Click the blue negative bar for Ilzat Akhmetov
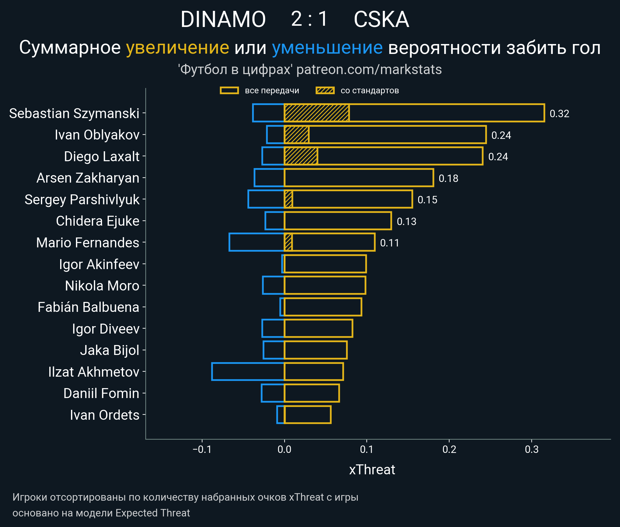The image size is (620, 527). click(x=248, y=371)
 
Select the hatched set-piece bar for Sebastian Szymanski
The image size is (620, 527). click(x=317, y=113)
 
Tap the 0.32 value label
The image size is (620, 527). click(x=559, y=113)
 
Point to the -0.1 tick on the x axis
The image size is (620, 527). click(x=202, y=449)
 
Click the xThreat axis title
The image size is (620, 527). click(x=372, y=470)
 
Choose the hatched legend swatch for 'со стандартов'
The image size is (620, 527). click(x=325, y=91)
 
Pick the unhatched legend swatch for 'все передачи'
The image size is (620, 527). click(x=229, y=91)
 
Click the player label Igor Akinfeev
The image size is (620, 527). click(x=99, y=264)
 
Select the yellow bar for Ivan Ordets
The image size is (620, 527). click(x=308, y=414)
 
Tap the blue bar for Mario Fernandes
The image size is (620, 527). click(x=257, y=242)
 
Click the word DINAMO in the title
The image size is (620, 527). click(x=223, y=19)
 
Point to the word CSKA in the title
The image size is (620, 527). click(x=381, y=19)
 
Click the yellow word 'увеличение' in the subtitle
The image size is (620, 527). click(x=177, y=48)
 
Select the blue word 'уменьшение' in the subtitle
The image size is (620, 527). click(x=327, y=48)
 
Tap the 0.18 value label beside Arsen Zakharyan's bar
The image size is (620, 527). click(x=448, y=178)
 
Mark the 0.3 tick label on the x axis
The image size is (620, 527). click(x=532, y=449)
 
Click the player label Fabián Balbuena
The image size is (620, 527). click(x=88, y=307)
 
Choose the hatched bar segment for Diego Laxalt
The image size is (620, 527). click(x=301, y=156)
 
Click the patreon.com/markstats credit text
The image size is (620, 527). click(x=369, y=69)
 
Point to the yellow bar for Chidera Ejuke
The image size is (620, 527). click(x=338, y=221)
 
